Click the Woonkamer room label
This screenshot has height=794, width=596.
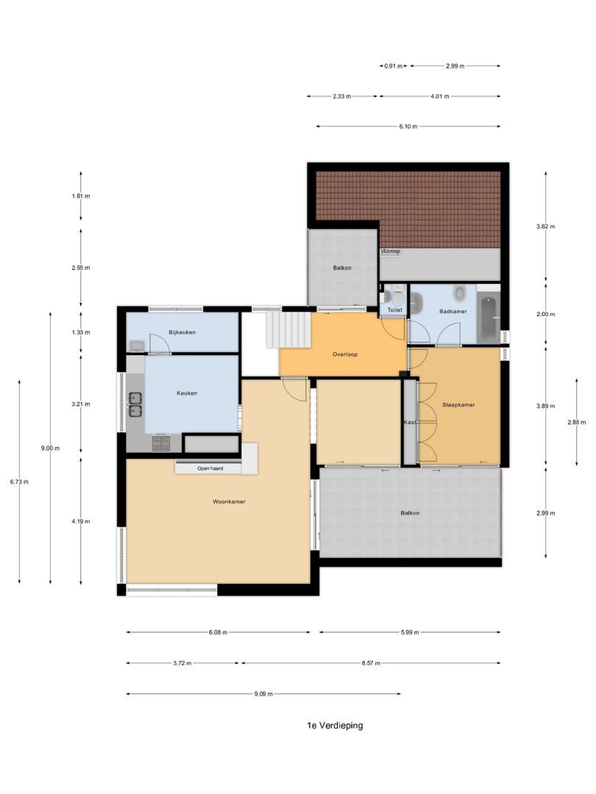pyautogui.click(x=228, y=501)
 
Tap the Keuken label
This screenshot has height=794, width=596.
pyautogui.click(x=187, y=393)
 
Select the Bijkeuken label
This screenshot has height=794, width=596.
pyautogui.click(x=182, y=332)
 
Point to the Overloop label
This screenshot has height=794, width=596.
pyautogui.click(x=344, y=354)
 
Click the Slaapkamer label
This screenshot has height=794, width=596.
pyautogui.click(x=458, y=404)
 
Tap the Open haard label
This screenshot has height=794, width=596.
pyautogui.click(x=210, y=468)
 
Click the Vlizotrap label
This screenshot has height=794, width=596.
pyautogui.click(x=390, y=251)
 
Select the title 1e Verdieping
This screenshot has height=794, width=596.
pyautogui.click(x=335, y=725)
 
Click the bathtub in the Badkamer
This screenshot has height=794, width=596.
pyautogui.click(x=488, y=318)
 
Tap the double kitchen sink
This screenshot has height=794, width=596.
pyautogui.click(x=135, y=404)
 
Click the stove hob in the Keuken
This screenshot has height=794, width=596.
pyautogui.click(x=160, y=443)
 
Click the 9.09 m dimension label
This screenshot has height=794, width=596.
pyautogui.click(x=263, y=693)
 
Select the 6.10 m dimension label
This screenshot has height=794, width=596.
pyautogui.click(x=408, y=126)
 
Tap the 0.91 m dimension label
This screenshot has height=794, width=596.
pyautogui.click(x=393, y=66)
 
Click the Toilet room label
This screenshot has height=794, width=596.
pyautogui.click(x=395, y=311)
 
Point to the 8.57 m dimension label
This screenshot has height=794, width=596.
pyautogui.click(x=371, y=663)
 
